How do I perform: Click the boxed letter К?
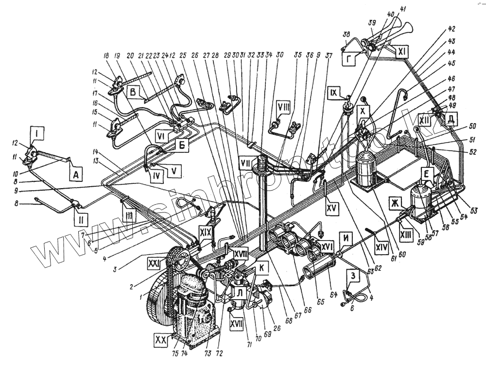262,267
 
